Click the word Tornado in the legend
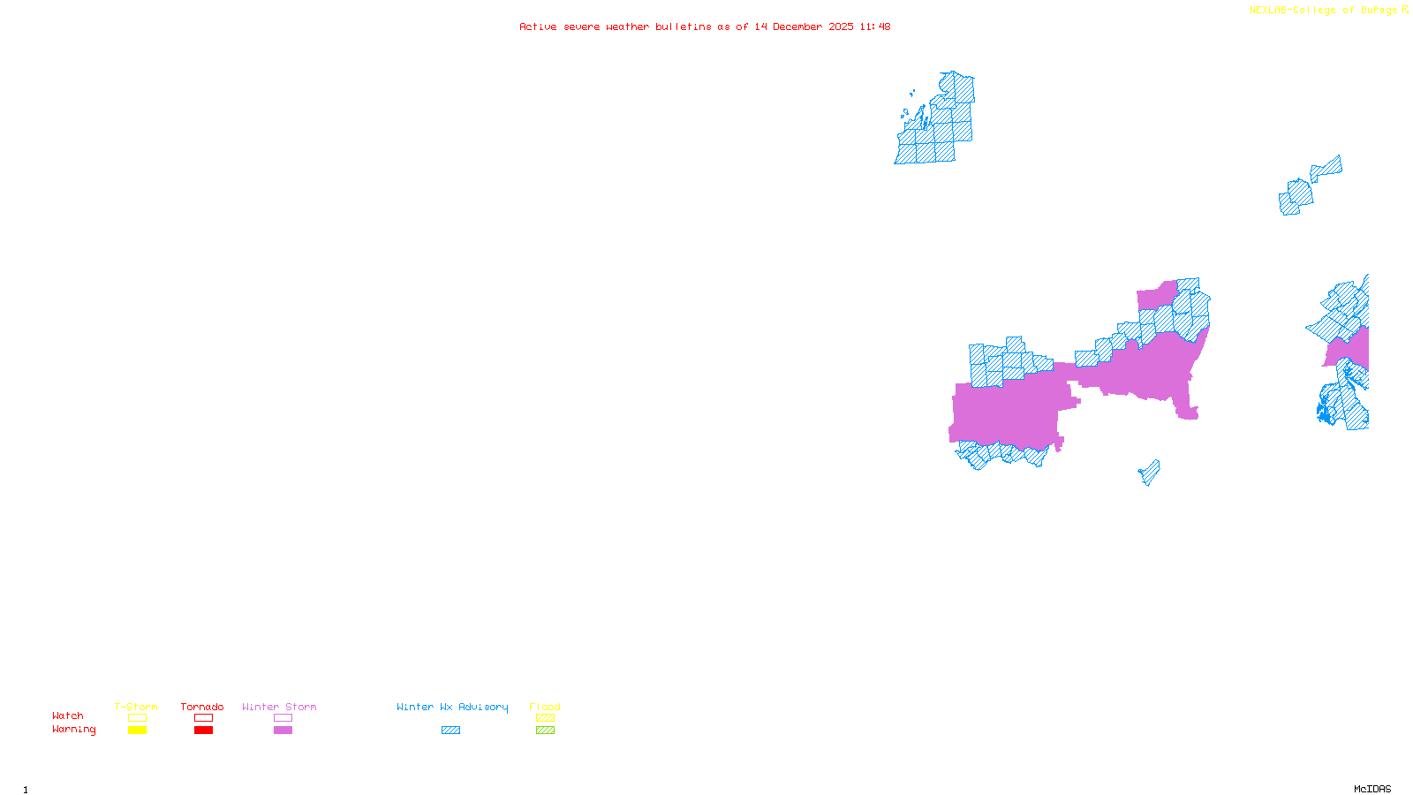coord(202,707)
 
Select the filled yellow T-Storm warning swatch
coord(137,731)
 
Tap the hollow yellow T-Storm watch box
coord(137,718)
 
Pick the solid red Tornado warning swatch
coord(203,731)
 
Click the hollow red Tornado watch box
coord(203,718)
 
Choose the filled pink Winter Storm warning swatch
coord(283,731)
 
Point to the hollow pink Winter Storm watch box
coord(283,718)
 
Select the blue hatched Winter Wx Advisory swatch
coord(450,731)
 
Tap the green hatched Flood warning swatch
coord(545,731)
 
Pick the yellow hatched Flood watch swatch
coord(545,718)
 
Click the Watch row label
coord(68,715)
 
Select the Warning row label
coord(73,730)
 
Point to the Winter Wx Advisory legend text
coord(452,707)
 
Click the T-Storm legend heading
coord(136,707)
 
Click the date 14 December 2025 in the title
coord(804,26)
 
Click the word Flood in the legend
coord(545,707)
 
